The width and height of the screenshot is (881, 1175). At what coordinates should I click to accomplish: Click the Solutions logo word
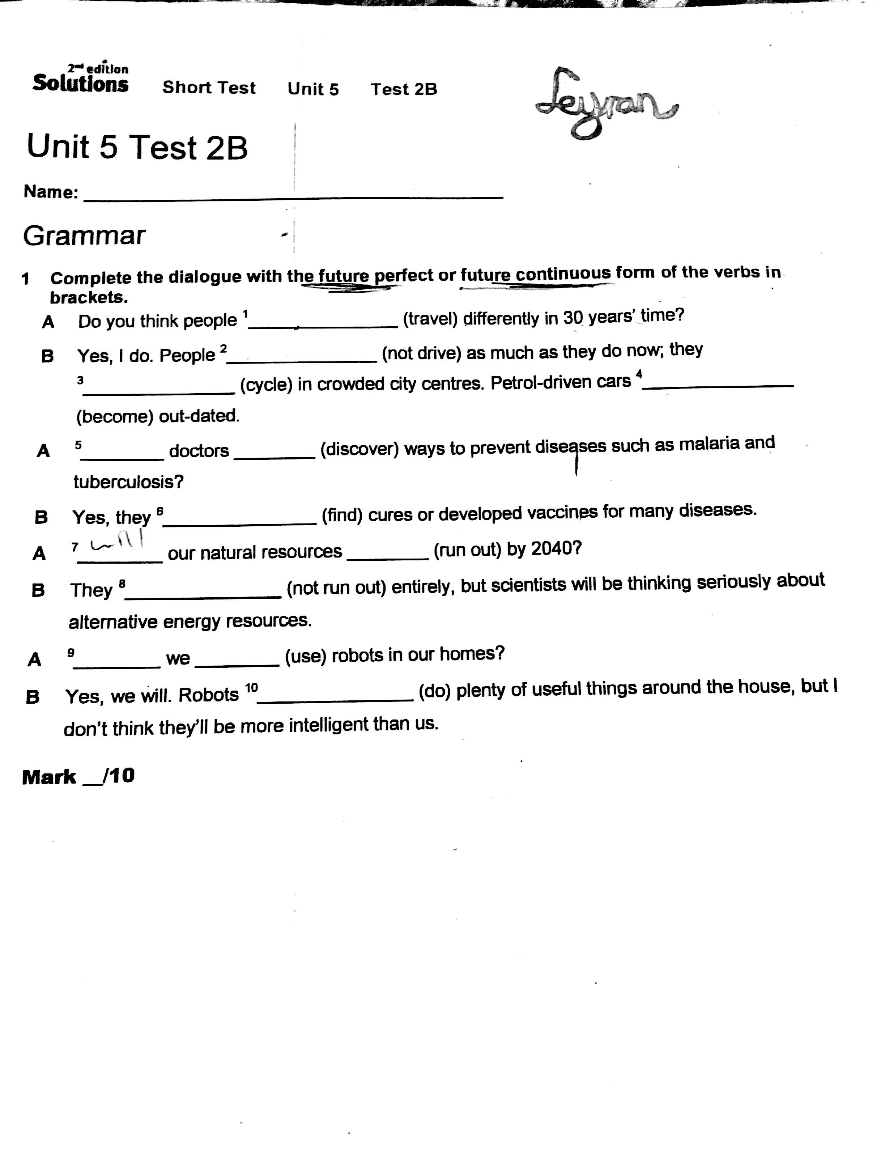[80, 84]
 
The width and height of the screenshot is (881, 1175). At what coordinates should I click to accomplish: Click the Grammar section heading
[84, 235]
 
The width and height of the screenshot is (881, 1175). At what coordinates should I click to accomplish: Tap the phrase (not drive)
[421, 353]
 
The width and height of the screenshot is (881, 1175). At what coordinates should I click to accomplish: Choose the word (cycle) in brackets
[266, 384]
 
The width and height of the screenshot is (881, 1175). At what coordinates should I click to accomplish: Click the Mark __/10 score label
[78, 777]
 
